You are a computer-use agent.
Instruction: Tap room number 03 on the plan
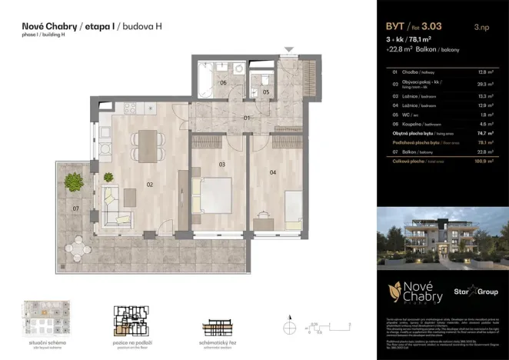(221, 164)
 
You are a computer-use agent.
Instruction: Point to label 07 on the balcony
(75, 209)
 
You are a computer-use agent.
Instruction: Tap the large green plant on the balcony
(74, 182)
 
